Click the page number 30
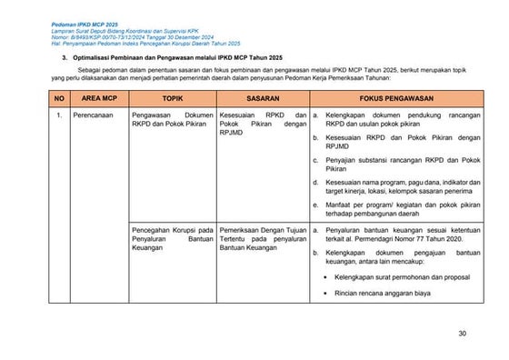462,335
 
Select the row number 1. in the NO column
58,116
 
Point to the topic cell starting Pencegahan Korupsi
172,240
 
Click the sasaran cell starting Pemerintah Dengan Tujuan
262,240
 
